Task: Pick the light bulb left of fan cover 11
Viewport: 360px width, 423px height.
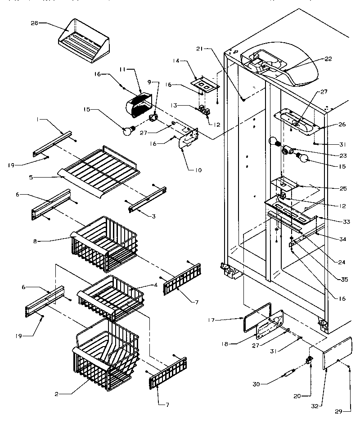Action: click(x=129, y=131)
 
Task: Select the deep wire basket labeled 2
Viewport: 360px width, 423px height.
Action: click(x=101, y=355)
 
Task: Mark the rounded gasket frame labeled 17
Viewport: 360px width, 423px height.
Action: click(x=256, y=319)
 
